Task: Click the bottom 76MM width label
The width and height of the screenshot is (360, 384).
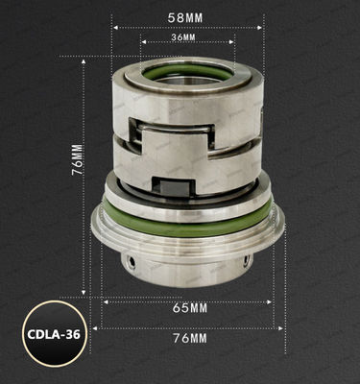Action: click(x=187, y=339)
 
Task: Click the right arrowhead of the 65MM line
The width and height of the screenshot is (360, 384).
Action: click(x=271, y=300)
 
